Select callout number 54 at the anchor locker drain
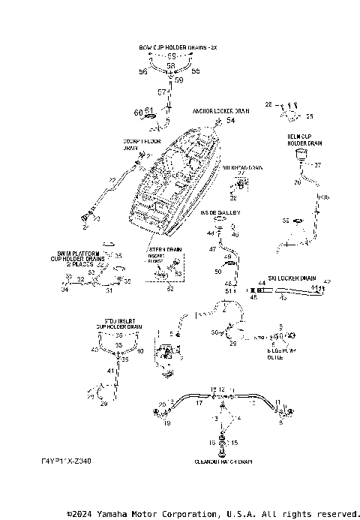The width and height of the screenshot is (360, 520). coord(230,120)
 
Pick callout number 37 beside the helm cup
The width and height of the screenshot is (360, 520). coord(316,165)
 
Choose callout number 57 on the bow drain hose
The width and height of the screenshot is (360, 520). coord(162,92)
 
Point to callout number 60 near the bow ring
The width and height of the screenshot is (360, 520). coord(138,112)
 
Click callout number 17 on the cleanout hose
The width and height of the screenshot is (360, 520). coord(199,403)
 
